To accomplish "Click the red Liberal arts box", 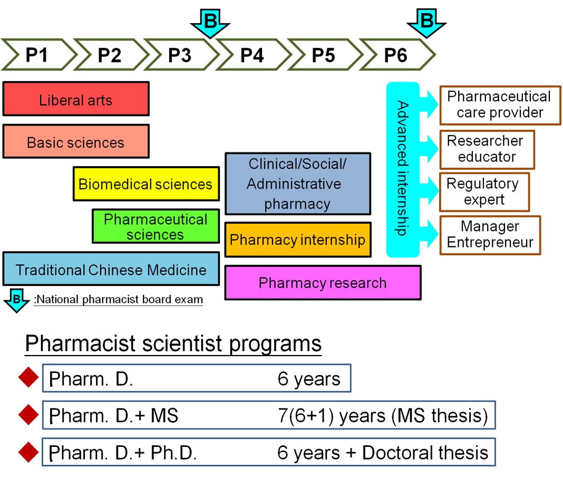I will [76, 99].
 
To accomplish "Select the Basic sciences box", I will [76, 141].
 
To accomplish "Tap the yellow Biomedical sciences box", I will [146, 184].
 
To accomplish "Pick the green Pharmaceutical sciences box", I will [156, 226].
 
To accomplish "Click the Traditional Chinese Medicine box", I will [111, 269].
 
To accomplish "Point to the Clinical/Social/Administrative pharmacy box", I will [298, 184].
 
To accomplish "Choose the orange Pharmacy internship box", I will [298, 240].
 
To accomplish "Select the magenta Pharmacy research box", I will [323, 283].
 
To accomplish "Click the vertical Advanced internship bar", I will [403, 169].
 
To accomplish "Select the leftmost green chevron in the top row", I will [38, 54].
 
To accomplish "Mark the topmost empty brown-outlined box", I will [500, 106].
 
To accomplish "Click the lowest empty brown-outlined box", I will [490, 235].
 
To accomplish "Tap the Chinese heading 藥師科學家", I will [80, 341].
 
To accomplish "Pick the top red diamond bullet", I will [28, 378].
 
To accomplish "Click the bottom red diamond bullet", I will [28, 452].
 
